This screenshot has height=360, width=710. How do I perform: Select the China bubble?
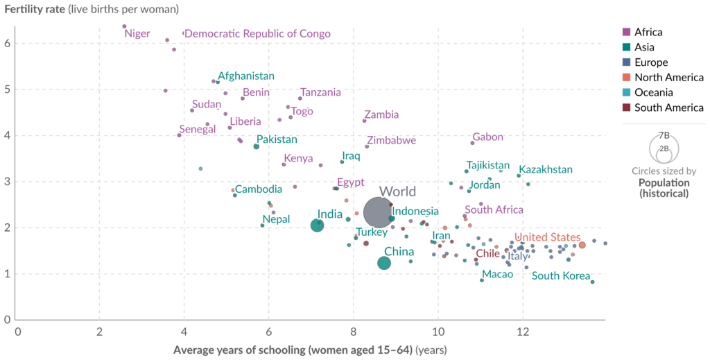point(384,263)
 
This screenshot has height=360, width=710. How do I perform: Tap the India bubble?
point(317,225)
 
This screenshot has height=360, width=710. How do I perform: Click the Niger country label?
point(137,33)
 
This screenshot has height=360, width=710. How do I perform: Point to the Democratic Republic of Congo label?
point(257,33)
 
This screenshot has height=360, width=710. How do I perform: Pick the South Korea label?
point(561,276)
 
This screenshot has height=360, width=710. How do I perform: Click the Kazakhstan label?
point(546,169)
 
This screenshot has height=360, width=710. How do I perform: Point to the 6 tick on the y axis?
point(6,43)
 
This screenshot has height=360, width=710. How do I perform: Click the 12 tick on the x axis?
point(522,332)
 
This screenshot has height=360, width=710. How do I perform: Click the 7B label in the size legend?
point(664,135)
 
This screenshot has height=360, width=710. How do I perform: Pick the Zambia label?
point(381,115)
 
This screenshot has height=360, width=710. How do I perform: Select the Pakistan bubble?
point(257,146)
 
